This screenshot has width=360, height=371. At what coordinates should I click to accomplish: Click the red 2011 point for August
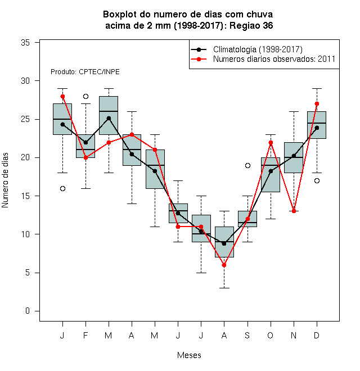pos(224,265)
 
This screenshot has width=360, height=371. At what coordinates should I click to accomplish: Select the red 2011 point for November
pos(294,211)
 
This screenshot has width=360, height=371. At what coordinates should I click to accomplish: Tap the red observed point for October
pos(271,142)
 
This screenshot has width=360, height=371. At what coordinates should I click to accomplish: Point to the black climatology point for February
pos(85,142)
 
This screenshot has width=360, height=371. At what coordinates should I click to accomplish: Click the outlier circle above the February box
pos(85,96)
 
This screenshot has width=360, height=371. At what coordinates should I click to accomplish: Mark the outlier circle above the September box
pos(247,165)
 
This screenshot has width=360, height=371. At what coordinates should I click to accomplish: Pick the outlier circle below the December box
pos(317,181)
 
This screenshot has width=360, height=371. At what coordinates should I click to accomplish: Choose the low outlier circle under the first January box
pos(62,188)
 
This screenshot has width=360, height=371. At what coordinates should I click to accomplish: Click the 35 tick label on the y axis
pos(25,43)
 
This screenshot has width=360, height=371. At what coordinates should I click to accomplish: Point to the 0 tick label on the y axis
pos(28,311)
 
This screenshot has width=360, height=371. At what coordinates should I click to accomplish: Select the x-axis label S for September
pos(247,335)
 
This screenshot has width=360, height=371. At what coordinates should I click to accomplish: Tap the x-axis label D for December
pos(317,335)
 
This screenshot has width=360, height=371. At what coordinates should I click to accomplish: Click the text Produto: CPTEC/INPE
pos(85,72)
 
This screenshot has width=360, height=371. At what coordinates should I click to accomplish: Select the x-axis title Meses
pos(189,355)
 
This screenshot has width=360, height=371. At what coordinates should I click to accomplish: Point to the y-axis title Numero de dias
pos(5,180)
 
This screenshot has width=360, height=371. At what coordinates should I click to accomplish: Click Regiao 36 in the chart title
pos(251,25)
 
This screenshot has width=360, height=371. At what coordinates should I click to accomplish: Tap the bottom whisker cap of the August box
pos(224,288)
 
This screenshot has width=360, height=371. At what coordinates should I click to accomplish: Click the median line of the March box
pos(109,111)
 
